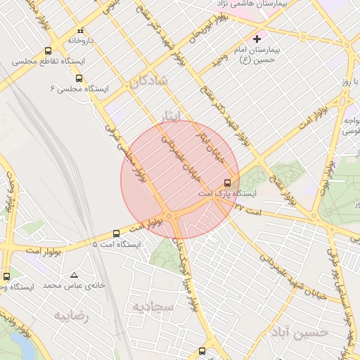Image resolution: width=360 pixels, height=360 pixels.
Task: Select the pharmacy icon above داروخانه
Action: click(80, 31)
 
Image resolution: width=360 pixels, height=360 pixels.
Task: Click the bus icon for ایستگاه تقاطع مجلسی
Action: click(48, 51)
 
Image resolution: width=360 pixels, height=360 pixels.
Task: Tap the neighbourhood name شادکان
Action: click(148, 82)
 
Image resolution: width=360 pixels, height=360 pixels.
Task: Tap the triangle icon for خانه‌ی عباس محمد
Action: click(75, 275)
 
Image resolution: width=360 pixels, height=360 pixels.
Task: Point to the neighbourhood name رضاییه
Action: click(72, 315)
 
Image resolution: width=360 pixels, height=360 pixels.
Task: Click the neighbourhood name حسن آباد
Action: click(299, 332)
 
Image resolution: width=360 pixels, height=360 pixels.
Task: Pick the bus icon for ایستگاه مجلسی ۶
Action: click(79, 78)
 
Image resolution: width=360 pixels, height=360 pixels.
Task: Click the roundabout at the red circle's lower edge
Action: click(169, 216)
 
